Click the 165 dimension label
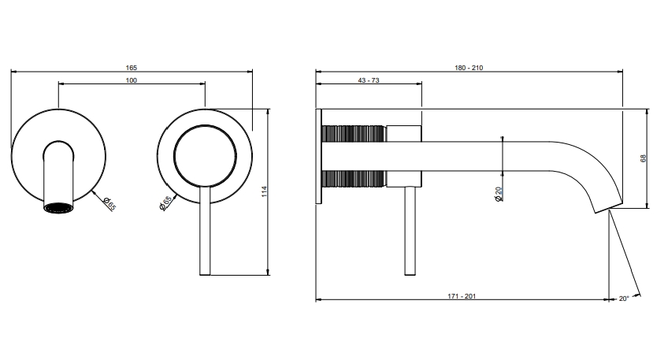(x=132, y=68)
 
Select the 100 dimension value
(x=132, y=80)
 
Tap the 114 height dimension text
(x=264, y=191)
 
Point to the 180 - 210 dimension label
(x=469, y=68)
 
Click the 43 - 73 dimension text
(x=369, y=80)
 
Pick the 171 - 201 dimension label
(x=462, y=296)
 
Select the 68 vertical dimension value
(x=644, y=158)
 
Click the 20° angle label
(x=624, y=299)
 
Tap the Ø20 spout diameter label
(x=499, y=195)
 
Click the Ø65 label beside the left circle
(x=109, y=204)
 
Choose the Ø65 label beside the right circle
(x=165, y=202)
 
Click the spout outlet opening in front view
(x=58, y=208)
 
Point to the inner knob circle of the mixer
(x=205, y=156)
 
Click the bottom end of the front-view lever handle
(x=205, y=275)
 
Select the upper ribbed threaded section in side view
(x=354, y=133)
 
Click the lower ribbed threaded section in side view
(x=354, y=179)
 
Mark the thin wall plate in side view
(x=319, y=156)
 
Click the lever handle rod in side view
(x=410, y=231)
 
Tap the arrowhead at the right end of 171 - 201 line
(x=607, y=299)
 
